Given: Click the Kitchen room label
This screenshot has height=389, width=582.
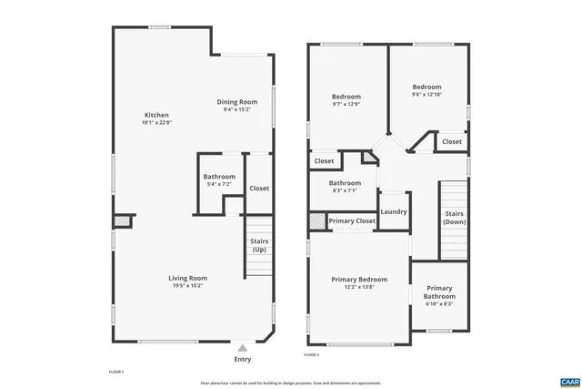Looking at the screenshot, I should (156, 115).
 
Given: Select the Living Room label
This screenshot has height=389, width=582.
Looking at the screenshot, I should (187, 278).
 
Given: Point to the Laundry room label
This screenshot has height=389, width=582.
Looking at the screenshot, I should (393, 212).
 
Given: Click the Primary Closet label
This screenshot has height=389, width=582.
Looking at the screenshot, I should (352, 221).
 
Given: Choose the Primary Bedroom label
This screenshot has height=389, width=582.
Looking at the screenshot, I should (359, 279).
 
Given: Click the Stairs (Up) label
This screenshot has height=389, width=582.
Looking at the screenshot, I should (259, 245).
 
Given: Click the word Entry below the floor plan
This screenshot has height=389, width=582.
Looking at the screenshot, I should (242, 359).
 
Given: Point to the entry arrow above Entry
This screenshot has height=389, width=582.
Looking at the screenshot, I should (242, 347).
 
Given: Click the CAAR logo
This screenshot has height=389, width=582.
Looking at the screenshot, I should (569, 380).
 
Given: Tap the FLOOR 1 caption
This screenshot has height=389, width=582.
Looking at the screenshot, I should (115, 372).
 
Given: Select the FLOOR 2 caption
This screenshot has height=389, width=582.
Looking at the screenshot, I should (312, 354).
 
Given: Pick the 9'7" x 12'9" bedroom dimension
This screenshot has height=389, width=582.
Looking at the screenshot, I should (346, 104).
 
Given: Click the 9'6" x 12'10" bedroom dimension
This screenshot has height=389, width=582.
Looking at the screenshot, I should (426, 94).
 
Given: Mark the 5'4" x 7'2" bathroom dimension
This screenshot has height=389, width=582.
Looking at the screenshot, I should (219, 185).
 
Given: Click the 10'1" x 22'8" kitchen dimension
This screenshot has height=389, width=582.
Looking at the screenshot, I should (156, 122).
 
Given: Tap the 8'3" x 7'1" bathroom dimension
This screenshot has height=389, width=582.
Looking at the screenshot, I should (345, 190).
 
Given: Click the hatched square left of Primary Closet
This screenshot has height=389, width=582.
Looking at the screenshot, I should (316, 220).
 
